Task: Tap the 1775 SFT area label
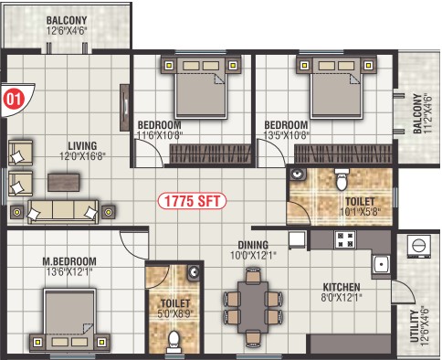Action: [192, 201]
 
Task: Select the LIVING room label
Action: [82, 145]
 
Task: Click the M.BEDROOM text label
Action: [69, 261]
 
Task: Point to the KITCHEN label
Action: [342, 287]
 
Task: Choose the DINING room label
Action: [253, 245]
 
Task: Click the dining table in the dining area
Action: [253, 307]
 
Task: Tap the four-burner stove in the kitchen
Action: [345, 239]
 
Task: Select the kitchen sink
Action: [381, 265]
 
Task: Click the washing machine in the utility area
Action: [419, 246]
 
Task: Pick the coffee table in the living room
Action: [64, 182]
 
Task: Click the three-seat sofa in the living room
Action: [63, 211]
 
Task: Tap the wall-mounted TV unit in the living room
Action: [124, 108]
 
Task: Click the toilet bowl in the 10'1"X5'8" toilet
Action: [342, 180]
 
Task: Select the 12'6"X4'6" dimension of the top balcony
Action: [67, 31]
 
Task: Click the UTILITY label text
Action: [414, 326]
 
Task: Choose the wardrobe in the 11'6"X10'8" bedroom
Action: [211, 154]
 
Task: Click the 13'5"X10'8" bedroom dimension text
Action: [286, 135]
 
